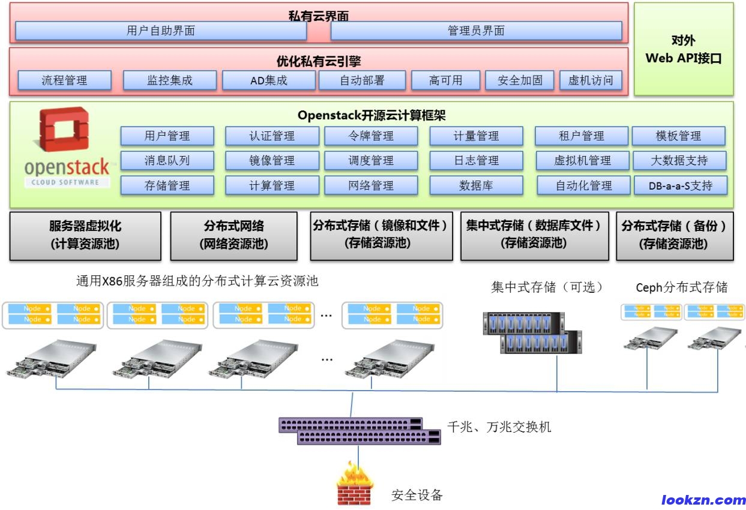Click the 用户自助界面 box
[x=161, y=31]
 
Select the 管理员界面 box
[x=476, y=31]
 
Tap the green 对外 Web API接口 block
[x=684, y=49]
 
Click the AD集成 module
[x=269, y=80]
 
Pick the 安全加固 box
[x=520, y=80]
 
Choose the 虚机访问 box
[x=591, y=80]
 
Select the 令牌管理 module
[x=371, y=136]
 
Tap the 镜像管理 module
[x=272, y=161]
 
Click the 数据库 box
[x=476, y=186]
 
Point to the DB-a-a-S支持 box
[x=681, y=186]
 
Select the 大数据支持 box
[x=679, y=161]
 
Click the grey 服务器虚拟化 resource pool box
[x=85, y=235]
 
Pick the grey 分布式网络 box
[x=233, y=235]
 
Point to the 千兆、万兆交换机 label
[x=499, y=427]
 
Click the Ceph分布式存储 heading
[x=681, y=287]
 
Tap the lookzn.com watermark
[x=703, y=500]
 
